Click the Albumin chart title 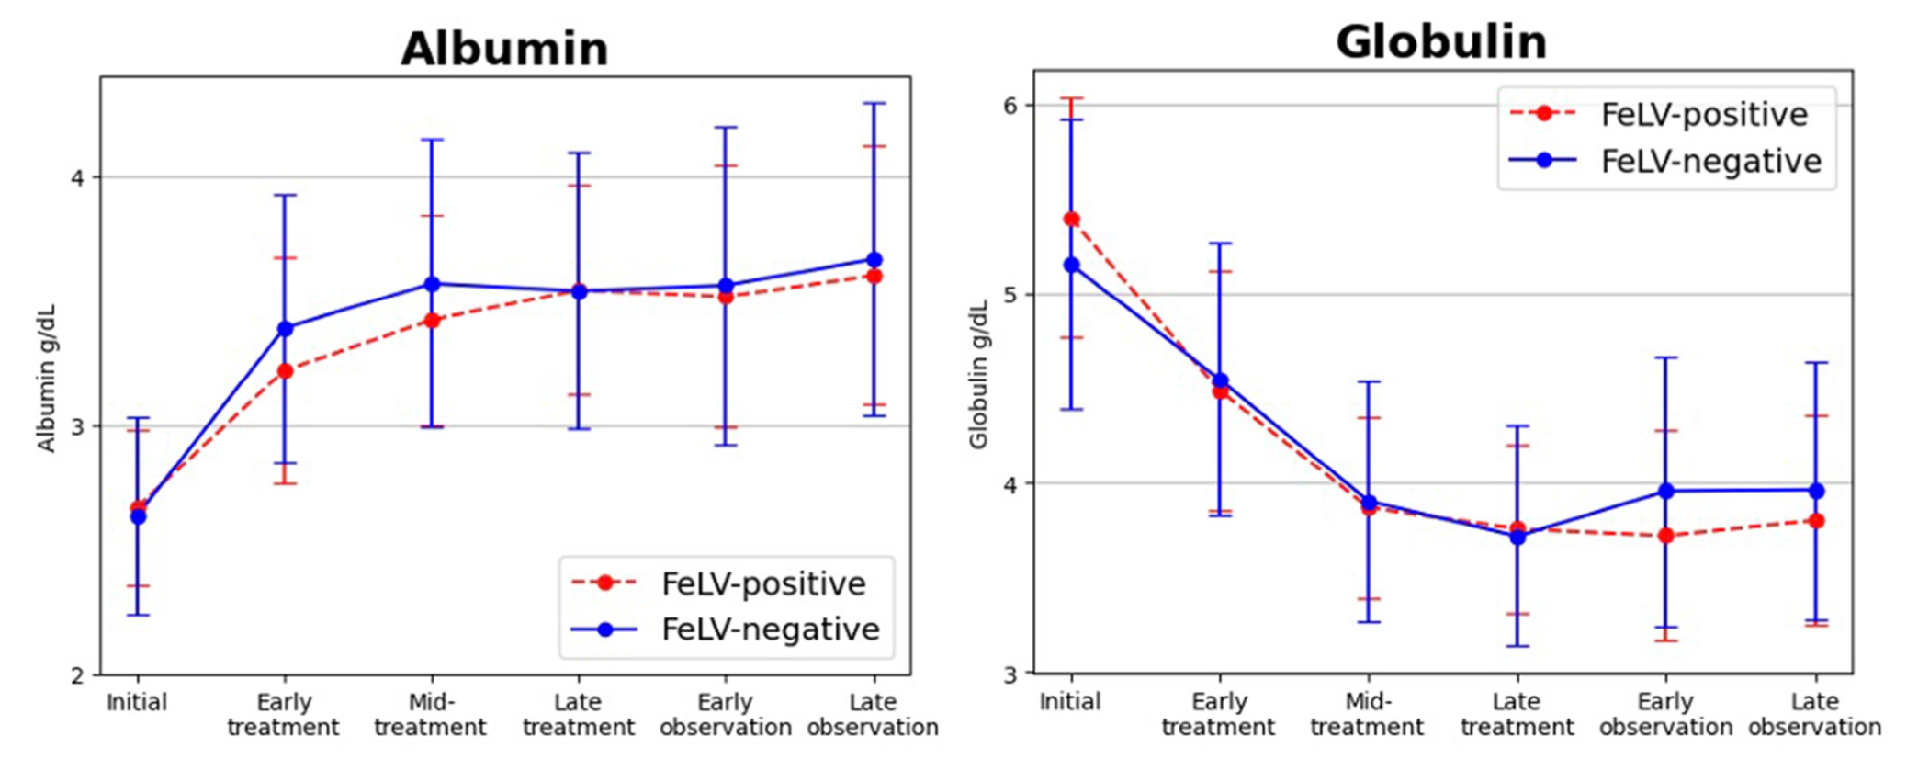pyautogui.click(x=504, y=49)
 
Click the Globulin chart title pyautogui.click(x=1440, y=42)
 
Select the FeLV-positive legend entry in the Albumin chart pyautogui.click(x=762, y=583)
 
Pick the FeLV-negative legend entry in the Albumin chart pyautogui.click(x=770, y=629)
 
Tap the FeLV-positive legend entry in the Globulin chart pyautogui.click(x=1703, y=114)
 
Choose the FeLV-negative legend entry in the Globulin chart pyautogui.click(x=1710, y=161)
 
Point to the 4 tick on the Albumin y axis pyautogui.click(x=78, y=177)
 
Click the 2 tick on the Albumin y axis pyautogui.click(x=78, y=675)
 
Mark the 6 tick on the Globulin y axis pyautogui.click(x=1011, y=105)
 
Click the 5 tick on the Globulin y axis pyautogui.click(x=1011, y=295)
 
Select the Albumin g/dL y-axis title pyautogui.click(x=47, y=378)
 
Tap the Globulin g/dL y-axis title pyautogui.click(x=979, y=374)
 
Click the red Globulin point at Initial pyautogui.click(x=1071, y=220)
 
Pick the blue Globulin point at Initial pyautogui.click(x=1071, y=266)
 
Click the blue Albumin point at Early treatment pyautogui.click(x=285, y=328)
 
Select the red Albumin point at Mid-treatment pyautogui.click(x=432, y=321)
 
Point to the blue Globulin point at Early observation pyautogui.click(x=1666, y=492)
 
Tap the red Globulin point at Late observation pyautogui.click(x=1816, y=521)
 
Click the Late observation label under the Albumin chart pyautogui.click(x=873, y=715)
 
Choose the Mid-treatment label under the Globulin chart pyautogui.click(x=1367, y=714)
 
